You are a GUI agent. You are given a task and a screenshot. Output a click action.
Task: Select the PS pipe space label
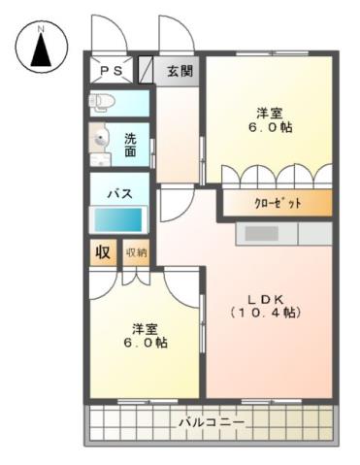(x=109, y=72)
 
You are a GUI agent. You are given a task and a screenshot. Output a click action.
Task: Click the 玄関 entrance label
(x=179, y=71)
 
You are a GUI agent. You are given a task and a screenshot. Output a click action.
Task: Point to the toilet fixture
(x=102, y=100)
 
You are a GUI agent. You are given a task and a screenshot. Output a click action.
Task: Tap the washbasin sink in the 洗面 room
(x=100, y=142)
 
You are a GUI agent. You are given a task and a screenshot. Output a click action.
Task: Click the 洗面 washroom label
(x=130, y=144)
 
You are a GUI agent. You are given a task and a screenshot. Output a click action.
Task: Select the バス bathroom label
(x=119, y=191)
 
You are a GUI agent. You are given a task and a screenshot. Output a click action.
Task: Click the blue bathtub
(x=118, y=219)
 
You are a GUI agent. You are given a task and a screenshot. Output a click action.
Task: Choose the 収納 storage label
(x=136, y=252)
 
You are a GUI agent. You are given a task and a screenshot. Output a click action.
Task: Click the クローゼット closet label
(x=278, y=203)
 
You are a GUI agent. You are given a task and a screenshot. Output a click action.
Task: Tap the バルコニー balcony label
(x=211, y=423)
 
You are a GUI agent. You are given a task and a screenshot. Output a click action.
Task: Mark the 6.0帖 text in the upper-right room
(x=268, y=127)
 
